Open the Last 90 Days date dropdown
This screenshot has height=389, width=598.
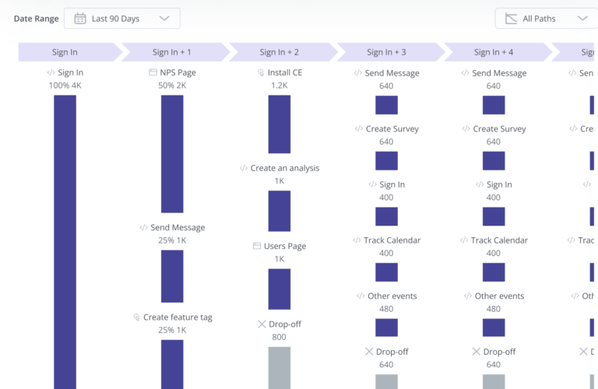click(121, 19)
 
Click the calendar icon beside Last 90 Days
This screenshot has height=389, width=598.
click(80, 19)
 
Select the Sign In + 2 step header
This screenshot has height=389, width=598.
click(280, 52)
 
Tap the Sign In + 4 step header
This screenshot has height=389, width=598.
click(494, 52)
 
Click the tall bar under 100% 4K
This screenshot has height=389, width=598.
click(65, 241)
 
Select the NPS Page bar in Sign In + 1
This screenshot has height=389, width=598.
click(172, 153)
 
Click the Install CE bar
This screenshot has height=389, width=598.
click(280, 124)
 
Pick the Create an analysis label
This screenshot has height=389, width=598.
click(284, 168)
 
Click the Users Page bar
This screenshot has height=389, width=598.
click(280, 289)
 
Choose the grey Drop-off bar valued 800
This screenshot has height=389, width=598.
click(280, 367)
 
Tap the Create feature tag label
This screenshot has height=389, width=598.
click(178, 317)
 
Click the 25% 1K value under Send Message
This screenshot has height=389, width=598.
click(172, 240)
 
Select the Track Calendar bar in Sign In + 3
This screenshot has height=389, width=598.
click(386, 272)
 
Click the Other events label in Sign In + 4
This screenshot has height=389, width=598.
click(500, 296)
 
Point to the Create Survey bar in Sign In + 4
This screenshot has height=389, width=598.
click(494, 160)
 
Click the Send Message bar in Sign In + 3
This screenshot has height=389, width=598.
click(386, 105)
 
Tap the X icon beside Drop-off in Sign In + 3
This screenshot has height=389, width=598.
click(369, 352)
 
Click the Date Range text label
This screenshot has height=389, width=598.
click(35, 19)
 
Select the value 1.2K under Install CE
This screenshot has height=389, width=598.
click(280, 86)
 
